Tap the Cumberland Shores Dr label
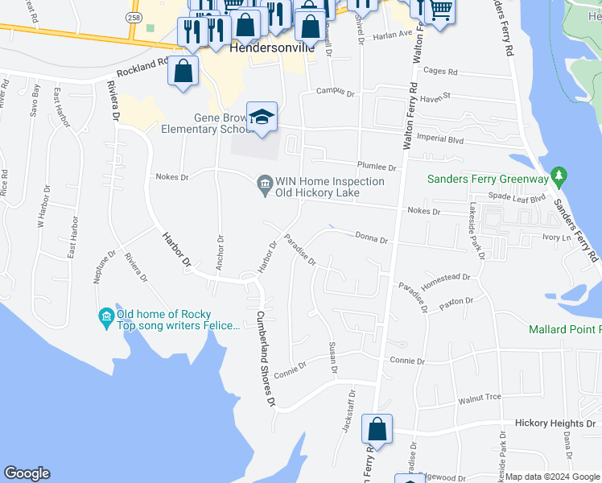[266, 357]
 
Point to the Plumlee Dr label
[377, 167]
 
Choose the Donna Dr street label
[372, 239]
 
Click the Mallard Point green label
[565, 329]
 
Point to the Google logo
[27, 473]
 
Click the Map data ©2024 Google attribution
[551, 477]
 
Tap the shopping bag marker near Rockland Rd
[184, 71]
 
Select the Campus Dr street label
[335, 93]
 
